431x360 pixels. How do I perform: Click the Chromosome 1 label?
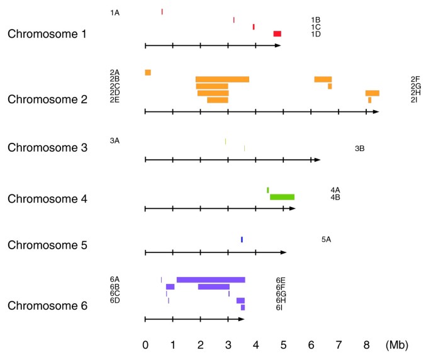tap(47, 33)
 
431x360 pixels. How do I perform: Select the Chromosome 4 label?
tap(47, 199)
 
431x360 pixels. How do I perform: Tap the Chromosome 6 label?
tap(47, 307)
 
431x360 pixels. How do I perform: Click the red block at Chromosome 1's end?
tap(277, 33)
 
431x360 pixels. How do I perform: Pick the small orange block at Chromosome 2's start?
tap(148, 72)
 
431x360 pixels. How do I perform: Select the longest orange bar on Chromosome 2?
tap(222, 79)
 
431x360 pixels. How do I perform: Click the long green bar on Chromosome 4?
tap(282, 197)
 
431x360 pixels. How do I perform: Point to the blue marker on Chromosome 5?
tap(242, 239)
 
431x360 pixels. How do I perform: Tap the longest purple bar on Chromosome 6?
tap(211, 279)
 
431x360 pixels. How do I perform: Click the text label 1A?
tap(115, 13)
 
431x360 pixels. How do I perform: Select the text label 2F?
tap(415, 79)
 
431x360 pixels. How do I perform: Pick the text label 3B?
tap(360, 149)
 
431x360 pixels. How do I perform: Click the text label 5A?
tap(326, 239)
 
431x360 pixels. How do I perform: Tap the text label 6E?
tap(281, 280)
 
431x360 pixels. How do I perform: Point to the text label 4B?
tap(335, 197)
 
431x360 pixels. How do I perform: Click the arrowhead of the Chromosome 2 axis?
tap(376, 111)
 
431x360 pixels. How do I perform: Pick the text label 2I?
tap(415, 100)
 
